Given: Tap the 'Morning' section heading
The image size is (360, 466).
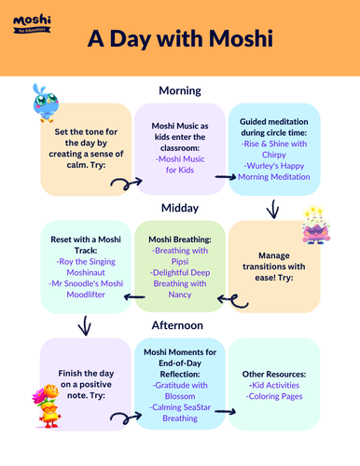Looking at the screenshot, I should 180,90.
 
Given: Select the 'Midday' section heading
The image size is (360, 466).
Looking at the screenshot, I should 180,206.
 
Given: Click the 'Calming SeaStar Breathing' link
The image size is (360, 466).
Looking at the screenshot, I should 180,411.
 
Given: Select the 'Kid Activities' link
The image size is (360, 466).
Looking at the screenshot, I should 274,384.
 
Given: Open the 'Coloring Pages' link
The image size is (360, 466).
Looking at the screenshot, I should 274,397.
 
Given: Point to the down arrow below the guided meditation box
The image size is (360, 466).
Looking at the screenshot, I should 273,209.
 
